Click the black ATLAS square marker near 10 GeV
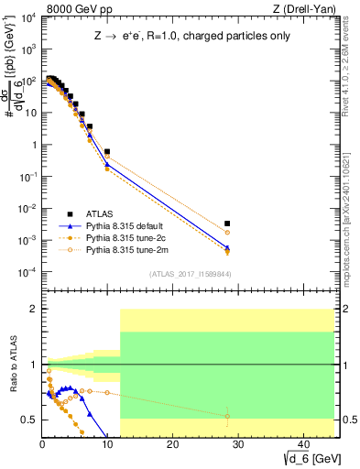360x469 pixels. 107,152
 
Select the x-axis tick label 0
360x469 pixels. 42,446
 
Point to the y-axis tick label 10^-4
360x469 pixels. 27,272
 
